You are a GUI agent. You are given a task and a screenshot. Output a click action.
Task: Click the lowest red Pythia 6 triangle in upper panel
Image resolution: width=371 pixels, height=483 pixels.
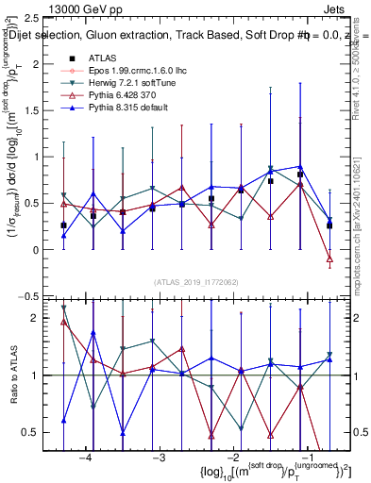tap(329, 258)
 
